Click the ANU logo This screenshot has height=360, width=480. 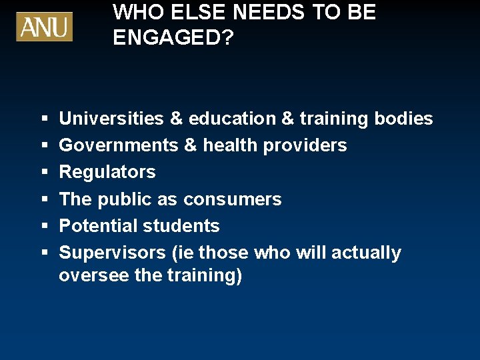tap(44, 27)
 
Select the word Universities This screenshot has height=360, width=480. tap(111, 119)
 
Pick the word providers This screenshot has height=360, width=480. tap(305, 145)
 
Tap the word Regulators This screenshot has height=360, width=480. tap(107, 172)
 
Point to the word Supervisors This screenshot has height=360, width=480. tap(107, 253)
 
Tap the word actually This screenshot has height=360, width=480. tap(366, 253)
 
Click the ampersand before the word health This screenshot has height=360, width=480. tap(189, 145)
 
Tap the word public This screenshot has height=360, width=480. tap(125, 199)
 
